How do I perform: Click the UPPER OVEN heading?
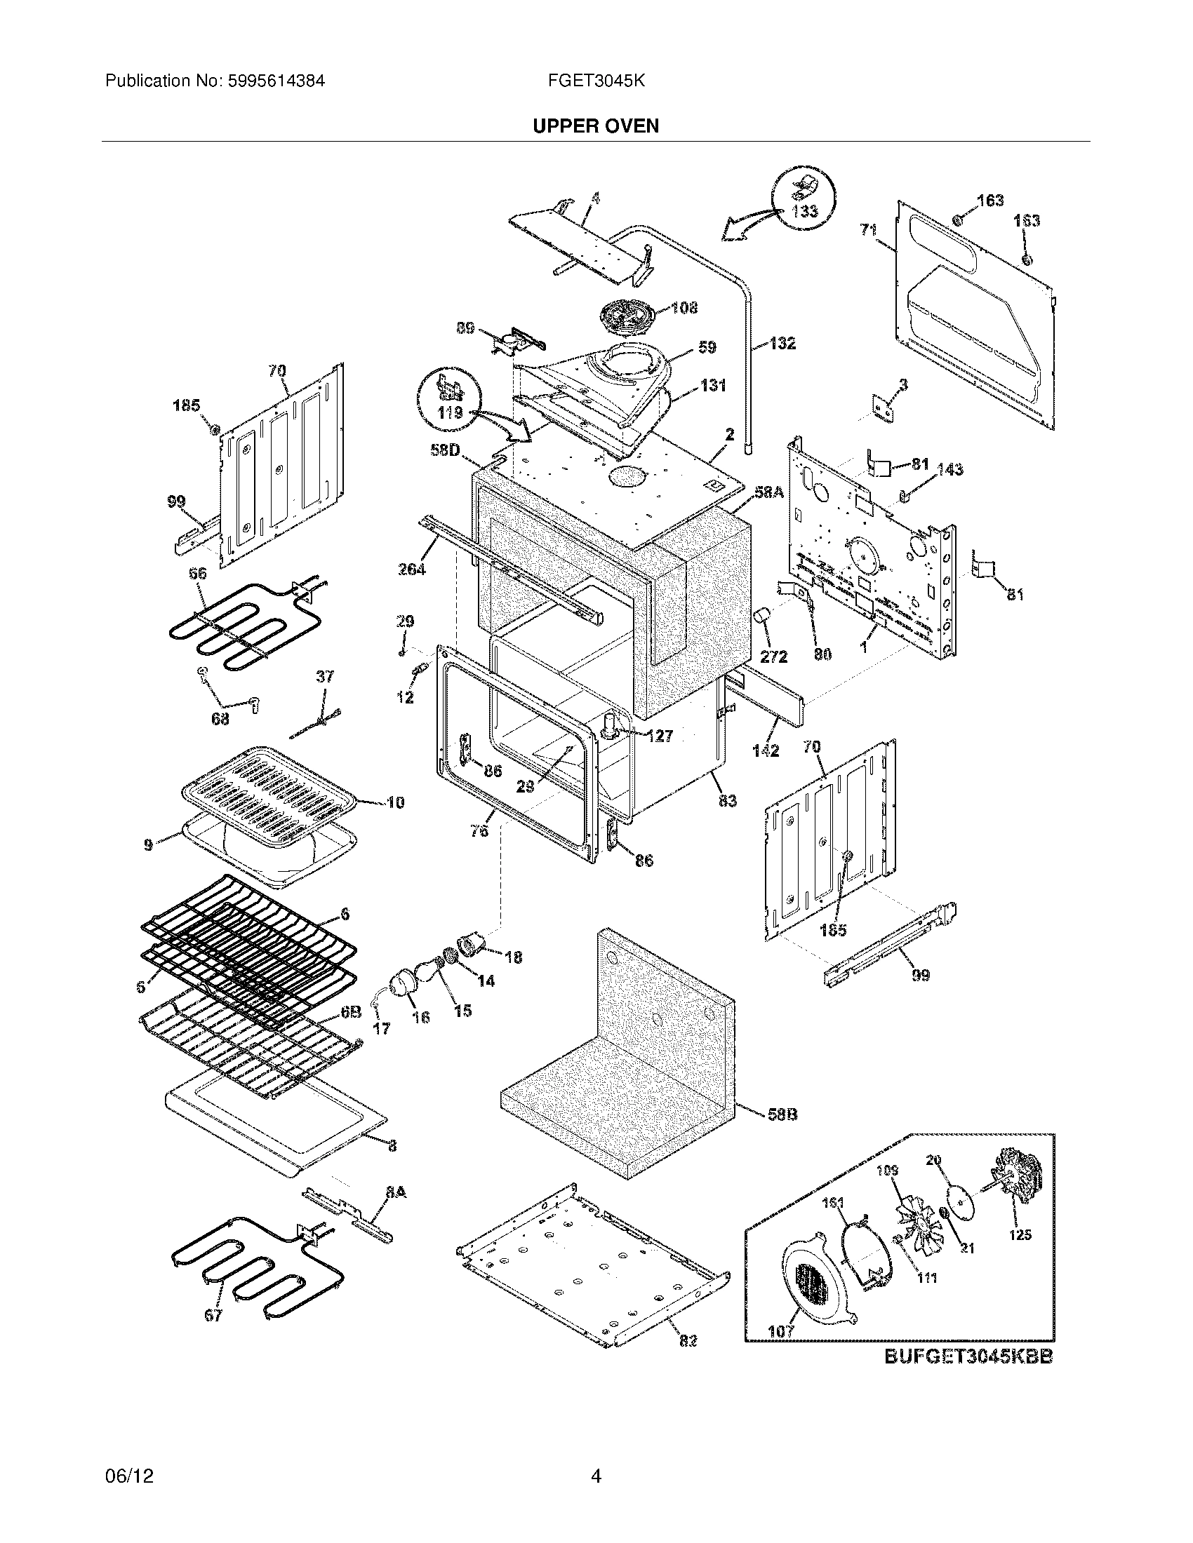tap(596, 126)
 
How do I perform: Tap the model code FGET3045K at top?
tap(596, 81)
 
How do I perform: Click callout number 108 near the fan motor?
tap(684, 307)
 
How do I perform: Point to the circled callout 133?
tap(804, 210)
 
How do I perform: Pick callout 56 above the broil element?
tap(198, 574)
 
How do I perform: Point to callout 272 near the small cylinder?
tap(773, 656)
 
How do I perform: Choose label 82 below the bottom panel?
tap(688, 1360)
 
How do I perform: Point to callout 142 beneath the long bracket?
tap(766, 750)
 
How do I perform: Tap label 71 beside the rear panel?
tap(869, 229)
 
